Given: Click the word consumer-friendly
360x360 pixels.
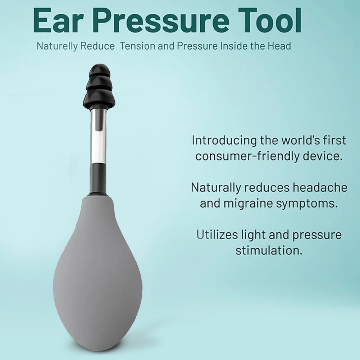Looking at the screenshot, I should (242, 156).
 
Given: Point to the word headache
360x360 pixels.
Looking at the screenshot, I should (320, 187).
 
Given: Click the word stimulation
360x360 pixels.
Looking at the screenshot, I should (269, 251).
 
